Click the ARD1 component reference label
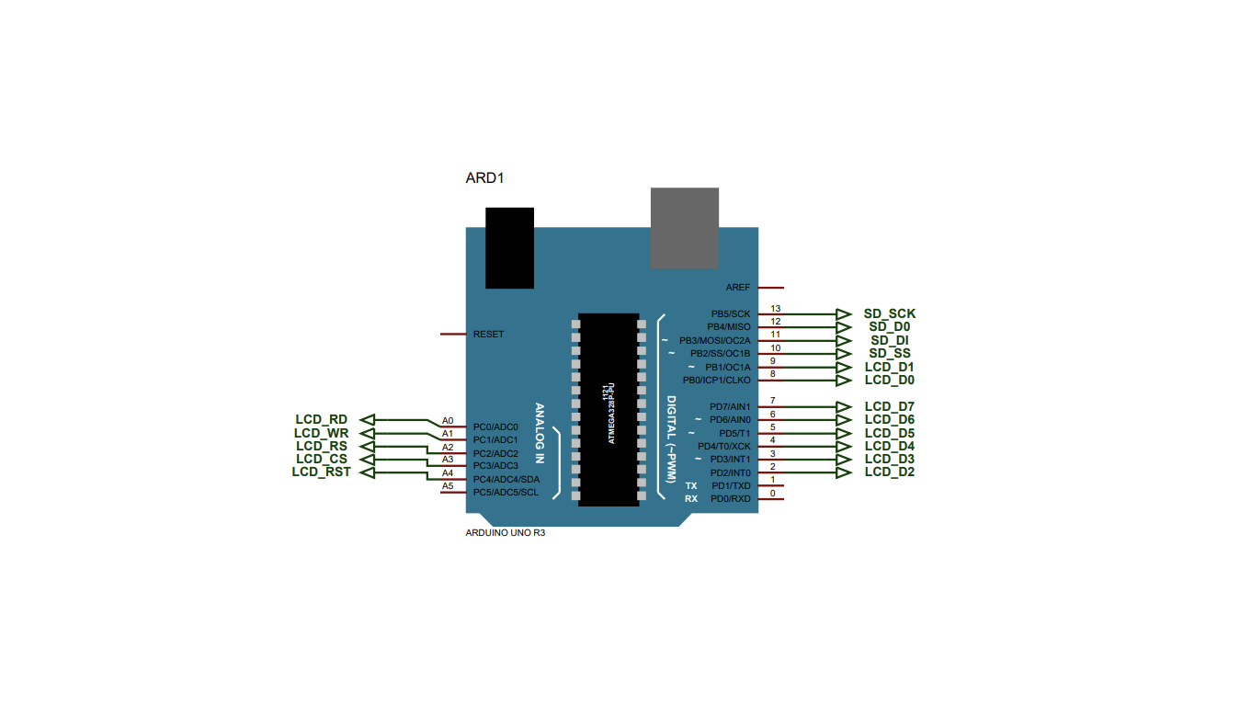(485, 177)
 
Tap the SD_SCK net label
(889, 313)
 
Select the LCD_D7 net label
(889, 406)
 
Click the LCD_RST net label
(321, 472)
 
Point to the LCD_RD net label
(321, 420)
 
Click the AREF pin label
(737, 288)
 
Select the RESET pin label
(488, 335)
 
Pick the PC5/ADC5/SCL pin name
(506, 493)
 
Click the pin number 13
(775, 309)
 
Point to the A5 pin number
(448, 486)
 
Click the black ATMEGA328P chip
(608, 409)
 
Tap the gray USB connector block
(684, 228)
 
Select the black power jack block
(509, 248)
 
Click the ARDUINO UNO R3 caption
(506, 533)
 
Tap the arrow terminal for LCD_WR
(366, 433)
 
